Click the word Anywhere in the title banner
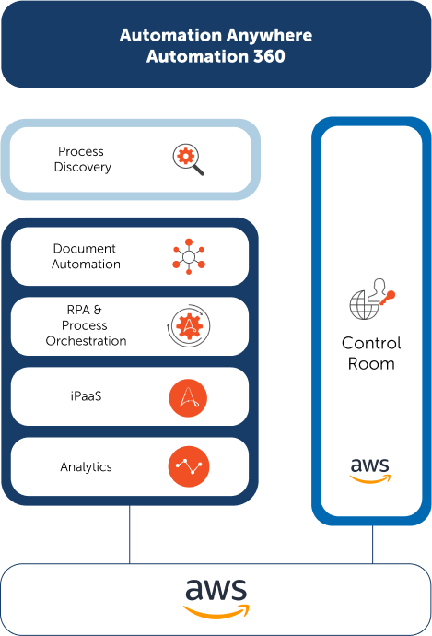click(x=269, y=35)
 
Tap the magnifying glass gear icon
click(x=189, y=159)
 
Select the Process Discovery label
click(x=82, y=159)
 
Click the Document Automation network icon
click(x=189, y=256)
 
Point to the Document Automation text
click(x=86, y=256)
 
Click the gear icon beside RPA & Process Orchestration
click(x=189, y=325)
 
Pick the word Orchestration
click(x=86, y=341)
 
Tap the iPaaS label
click(x=86, y=395)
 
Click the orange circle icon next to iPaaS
click(x=188, y=398)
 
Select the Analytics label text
click(x=86, y=466)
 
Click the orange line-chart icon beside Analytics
click(x=189, y=466)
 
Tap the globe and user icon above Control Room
click(x=372, y=299)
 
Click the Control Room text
click(x=371, y=353)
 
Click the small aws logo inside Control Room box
click(x=370, y=470)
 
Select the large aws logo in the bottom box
click(x=216, y=598)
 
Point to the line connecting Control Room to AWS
click(x=372, y=545)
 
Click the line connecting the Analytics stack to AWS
click(x=130, y=535)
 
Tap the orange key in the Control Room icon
click(x=388, y=298)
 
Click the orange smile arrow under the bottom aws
click(x=216, y=612)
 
